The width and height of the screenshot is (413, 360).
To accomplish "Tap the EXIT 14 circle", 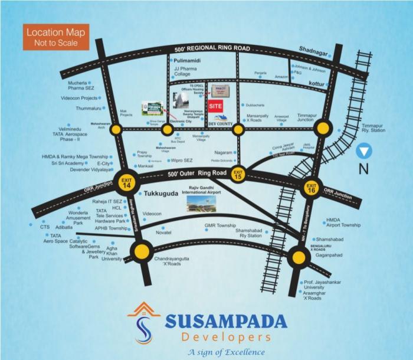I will click(126, 181).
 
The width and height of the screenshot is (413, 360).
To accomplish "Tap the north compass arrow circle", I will click(364, 152).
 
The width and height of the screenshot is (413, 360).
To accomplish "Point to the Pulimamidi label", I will click(187, 60).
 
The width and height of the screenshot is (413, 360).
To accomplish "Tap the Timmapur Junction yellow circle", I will click(322, 128).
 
